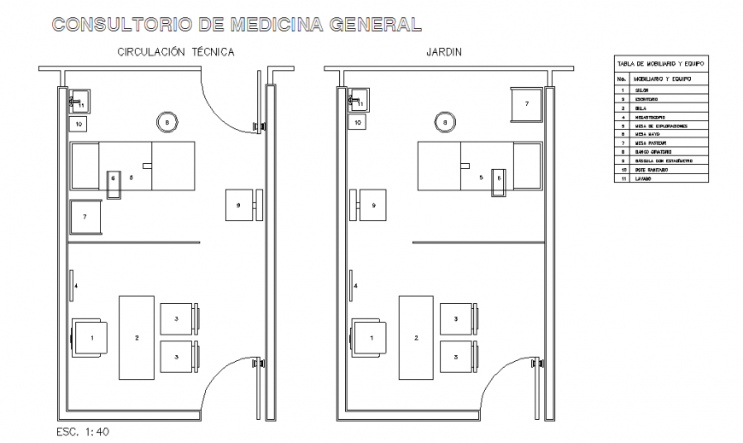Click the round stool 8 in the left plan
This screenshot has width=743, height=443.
pos(167,123)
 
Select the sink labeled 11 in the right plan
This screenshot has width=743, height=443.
pos(358,102)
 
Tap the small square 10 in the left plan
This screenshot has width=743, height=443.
pos(79,124)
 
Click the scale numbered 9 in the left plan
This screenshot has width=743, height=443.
pos(239,205)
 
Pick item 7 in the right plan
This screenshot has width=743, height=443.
pos(526,104)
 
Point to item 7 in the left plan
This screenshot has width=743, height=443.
pos(85,217)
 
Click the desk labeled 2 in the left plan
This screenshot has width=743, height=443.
pos(137,337)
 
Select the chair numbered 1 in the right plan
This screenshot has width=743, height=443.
pos(371,337)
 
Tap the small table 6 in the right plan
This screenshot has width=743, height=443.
pos(500,180)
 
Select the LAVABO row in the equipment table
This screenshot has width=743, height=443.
pos(642,178)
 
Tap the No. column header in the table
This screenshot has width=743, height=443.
pos(623,79)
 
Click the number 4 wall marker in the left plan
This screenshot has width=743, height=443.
pos(76,285)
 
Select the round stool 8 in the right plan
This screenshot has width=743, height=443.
pos(444,123)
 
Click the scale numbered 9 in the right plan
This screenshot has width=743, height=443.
pos(373,205)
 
